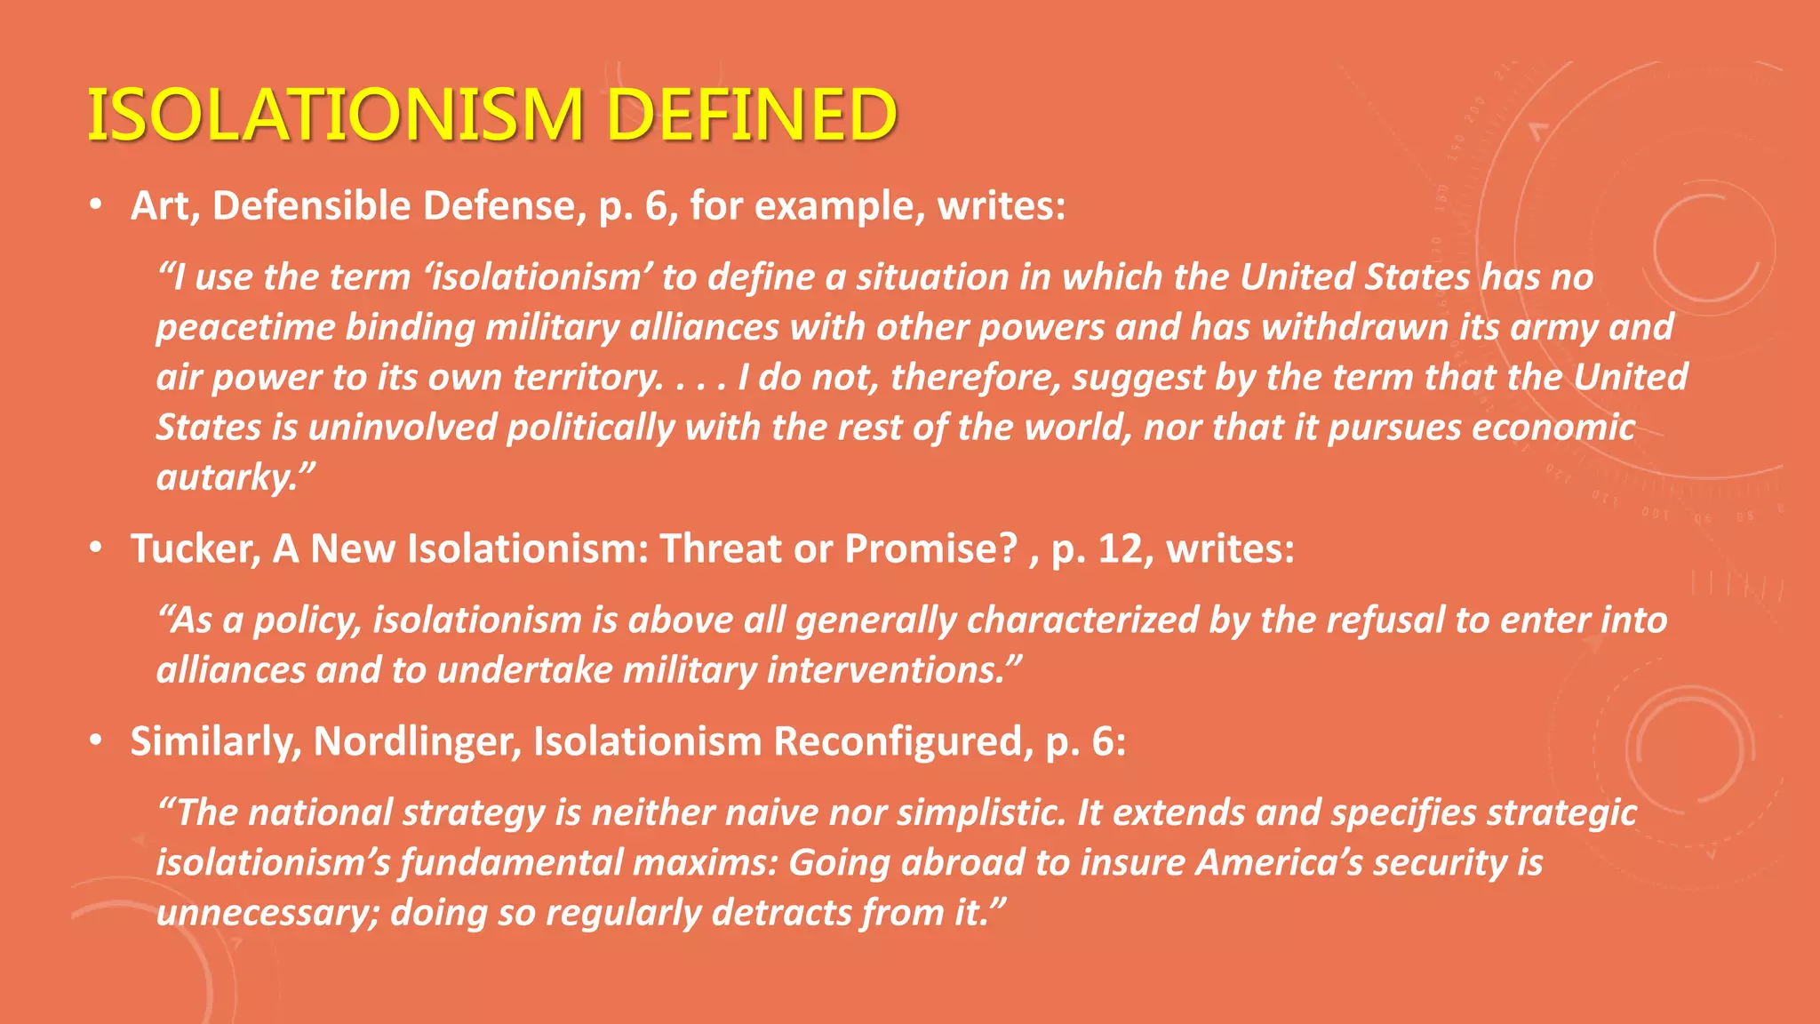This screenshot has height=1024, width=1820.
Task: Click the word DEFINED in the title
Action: click(x=752, y=115)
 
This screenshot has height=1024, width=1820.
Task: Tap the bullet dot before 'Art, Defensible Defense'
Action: click(x=96, y=206)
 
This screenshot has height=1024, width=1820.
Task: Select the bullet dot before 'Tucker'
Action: click(x=96, y=548)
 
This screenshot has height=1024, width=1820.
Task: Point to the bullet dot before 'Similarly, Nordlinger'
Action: click(x=96, y=741)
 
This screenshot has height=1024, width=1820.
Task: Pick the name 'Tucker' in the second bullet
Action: click(x=195, y=548)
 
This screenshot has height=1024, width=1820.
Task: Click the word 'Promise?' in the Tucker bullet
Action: click(x=930, y=548)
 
